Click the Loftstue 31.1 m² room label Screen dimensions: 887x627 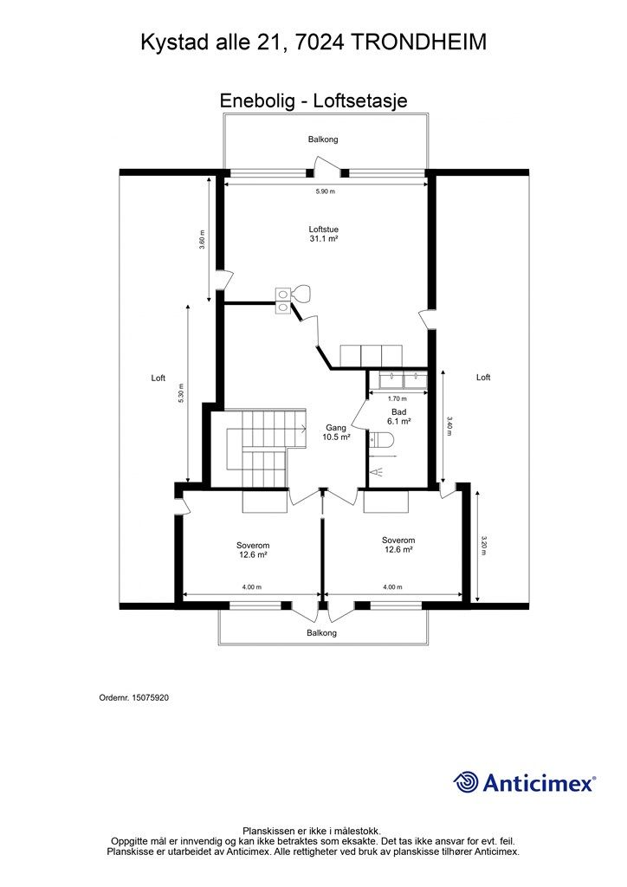pos(323,233)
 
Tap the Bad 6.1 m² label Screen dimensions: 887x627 pos(398,417)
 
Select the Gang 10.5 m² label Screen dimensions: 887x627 pos(336,432)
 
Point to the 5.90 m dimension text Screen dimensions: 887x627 pos(325,191)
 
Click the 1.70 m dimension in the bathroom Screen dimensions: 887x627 pos(398,398)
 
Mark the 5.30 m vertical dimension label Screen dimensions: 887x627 pos(181,394)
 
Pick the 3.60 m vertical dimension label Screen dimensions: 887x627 pos(202,239)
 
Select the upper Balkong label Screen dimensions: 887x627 pos(323,139)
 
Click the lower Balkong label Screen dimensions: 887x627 pos(321,633)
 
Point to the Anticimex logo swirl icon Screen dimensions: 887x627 pos(466,782)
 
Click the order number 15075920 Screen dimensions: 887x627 pos(146,696)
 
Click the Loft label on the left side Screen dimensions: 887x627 pos(158,378)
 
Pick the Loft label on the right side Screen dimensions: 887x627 pos(483,377)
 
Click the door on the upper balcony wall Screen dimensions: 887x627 pos(327,167)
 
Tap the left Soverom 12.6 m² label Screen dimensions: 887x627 pos(252,550)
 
